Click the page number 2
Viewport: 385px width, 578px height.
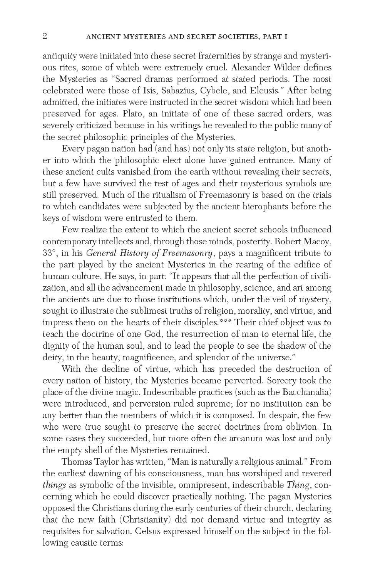tap(45, 36)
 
